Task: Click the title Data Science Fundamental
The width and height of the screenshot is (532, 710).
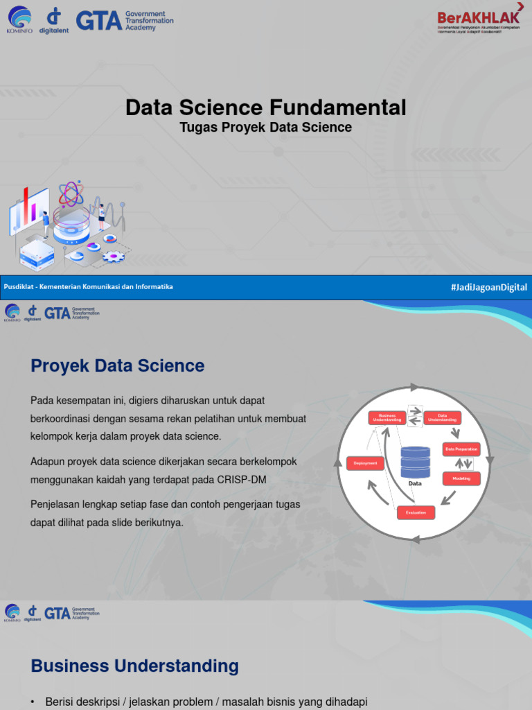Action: click(265, 107)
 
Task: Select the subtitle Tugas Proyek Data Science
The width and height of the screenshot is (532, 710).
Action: click(265, 128)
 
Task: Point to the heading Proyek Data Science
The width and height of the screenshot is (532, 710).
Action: click(117, 366)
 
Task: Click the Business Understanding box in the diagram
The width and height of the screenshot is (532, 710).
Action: click(387, 418)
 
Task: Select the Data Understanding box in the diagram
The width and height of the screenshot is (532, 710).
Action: click(442, 418)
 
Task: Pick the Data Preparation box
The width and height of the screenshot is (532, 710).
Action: click(461, 449)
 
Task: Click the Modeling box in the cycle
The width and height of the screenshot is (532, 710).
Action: click(461, 478)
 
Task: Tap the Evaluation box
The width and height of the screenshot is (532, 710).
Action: click(416, 512)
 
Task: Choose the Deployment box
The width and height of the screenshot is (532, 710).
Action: click(365, 462)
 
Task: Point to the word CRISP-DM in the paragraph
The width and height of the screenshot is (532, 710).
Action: click(242, 480)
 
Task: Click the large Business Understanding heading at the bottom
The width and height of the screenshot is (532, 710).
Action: click(134, 666)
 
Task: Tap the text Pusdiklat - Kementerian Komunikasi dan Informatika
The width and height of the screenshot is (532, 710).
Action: click(89, 287)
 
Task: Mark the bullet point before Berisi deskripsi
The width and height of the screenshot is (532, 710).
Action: click(33, 702)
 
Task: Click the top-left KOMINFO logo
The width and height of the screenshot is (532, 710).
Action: click(19, 21)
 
